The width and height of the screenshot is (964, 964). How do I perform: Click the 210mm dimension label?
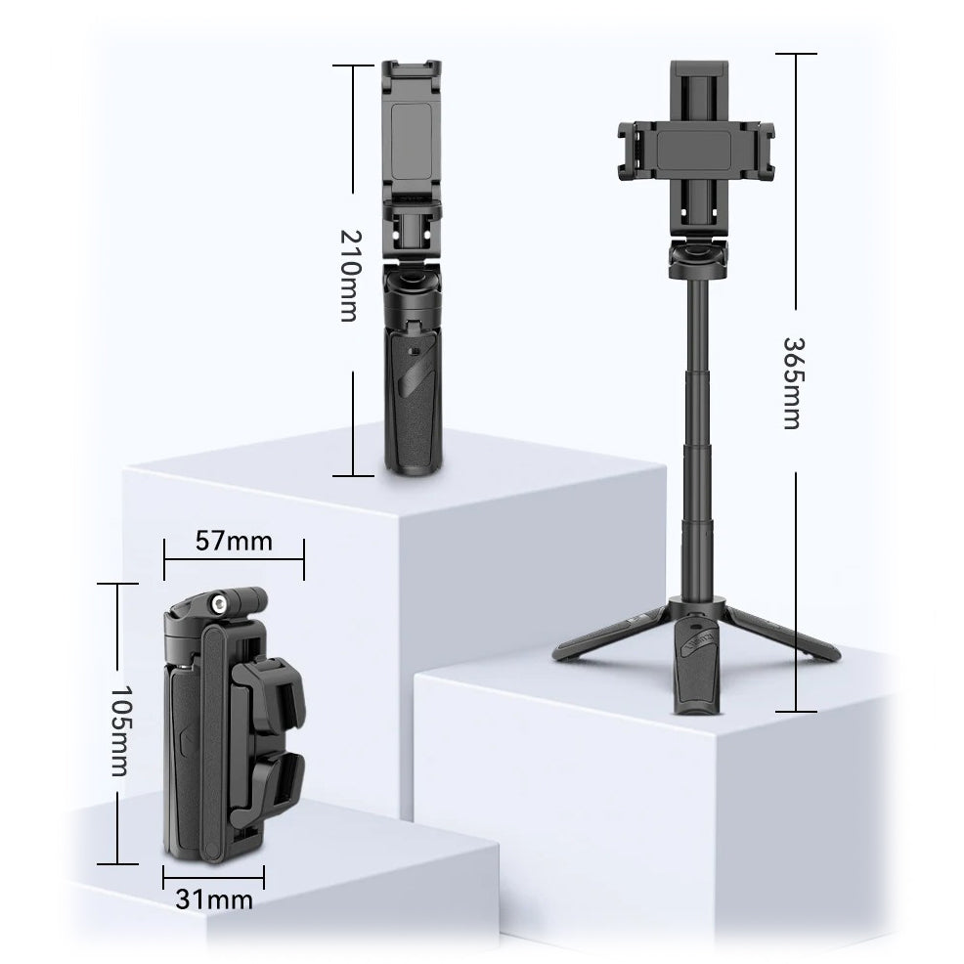pyautogui.click(x=349, y=277)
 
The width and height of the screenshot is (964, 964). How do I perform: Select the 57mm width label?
pyautogui.click(x=234, y=540)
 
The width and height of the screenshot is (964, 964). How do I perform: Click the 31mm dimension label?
pyautogui.click(x=213, y=898)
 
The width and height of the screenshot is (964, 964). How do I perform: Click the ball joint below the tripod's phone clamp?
pyautogui.click(x=697, y=260)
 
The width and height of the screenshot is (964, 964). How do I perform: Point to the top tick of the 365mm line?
pyautogui.click(x=797, y=55)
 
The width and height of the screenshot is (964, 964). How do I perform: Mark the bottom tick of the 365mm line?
pyautogui.click(x=797, y=711)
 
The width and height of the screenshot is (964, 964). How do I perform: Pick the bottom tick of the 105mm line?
pyautogui.click(x=118, y=863)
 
